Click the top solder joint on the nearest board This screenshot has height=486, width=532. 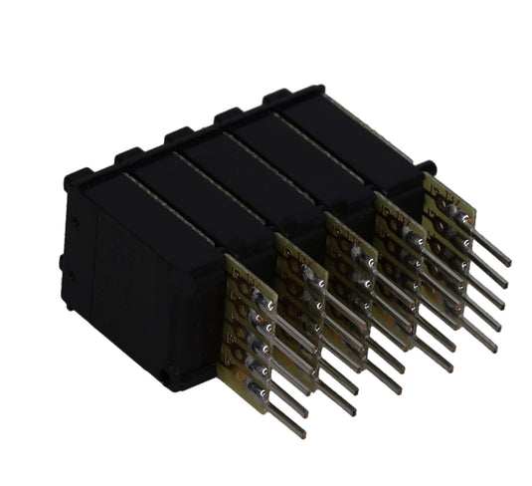click(264, 299)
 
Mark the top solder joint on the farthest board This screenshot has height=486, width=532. click(459, 213)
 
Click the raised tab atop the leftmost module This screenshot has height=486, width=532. click(79, 178)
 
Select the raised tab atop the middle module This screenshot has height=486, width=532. click(179, 134)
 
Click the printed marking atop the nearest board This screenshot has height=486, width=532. click(239, 274)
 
